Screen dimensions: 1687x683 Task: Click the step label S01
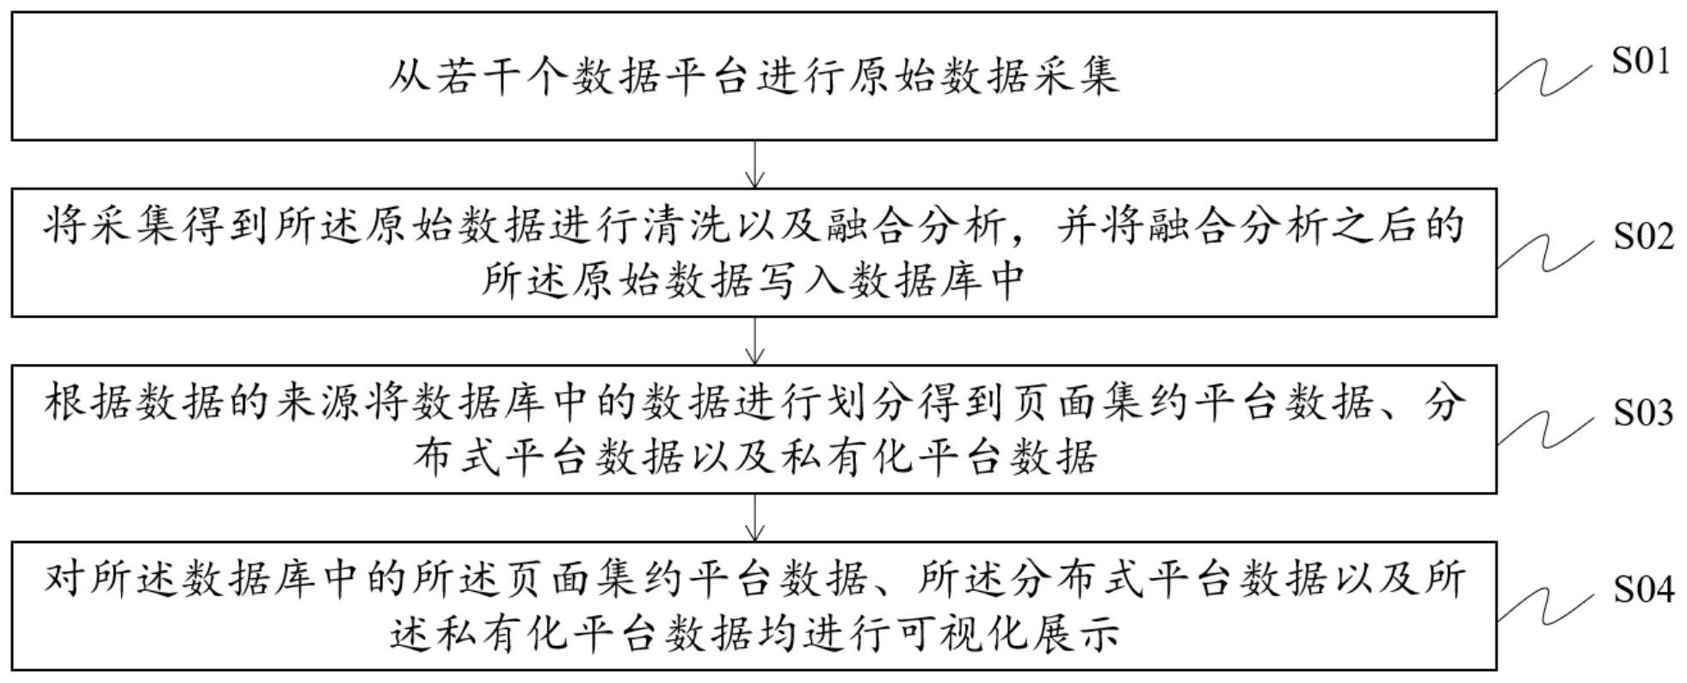(x=1641, y=61)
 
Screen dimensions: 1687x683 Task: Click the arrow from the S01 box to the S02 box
(x=754, y=163)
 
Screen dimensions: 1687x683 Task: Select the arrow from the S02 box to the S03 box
(x=754, y=341)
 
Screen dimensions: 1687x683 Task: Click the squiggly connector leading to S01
(x=1544, y=77)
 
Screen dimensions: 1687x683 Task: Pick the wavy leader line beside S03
(x=1544, y=428)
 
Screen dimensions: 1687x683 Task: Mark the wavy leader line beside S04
(x=1544, y=605)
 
